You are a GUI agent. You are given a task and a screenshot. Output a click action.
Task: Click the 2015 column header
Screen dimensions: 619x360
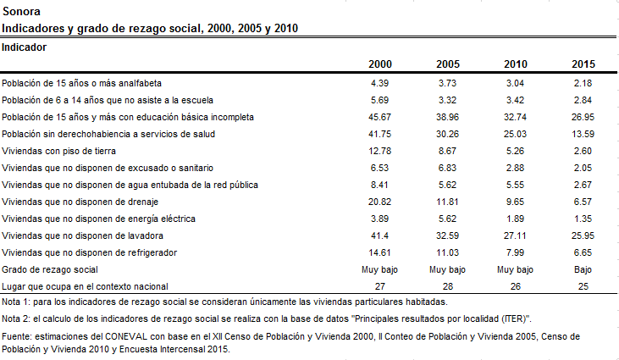point(583,64)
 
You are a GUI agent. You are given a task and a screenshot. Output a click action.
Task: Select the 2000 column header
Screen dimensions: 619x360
point(379,64)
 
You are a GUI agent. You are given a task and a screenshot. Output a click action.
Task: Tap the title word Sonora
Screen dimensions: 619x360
point(21,11)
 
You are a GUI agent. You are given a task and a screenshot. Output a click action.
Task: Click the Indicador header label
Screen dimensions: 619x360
point(24,47)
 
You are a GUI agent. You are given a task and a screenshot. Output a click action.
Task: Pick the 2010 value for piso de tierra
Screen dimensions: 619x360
point(515,151)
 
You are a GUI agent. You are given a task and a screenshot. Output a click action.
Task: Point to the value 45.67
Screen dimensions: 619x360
point(379,117)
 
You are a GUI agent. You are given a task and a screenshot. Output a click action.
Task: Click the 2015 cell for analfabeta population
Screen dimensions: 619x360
point(583,83)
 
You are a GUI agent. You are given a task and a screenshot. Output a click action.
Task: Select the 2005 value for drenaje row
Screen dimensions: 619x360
point(447,202)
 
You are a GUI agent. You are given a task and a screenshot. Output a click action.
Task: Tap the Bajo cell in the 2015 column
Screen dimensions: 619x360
point(583,270)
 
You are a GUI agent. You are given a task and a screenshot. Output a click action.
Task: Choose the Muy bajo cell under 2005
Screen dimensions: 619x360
point(447,270)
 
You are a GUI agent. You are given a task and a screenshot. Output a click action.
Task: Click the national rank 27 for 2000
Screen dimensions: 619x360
point(379,286)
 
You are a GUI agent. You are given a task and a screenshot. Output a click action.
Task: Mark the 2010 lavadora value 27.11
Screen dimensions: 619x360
point(515,236)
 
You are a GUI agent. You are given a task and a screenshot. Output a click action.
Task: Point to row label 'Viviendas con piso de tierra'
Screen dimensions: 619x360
point(58,151)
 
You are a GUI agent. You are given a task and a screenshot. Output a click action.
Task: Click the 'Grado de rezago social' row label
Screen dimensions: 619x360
point(50,270)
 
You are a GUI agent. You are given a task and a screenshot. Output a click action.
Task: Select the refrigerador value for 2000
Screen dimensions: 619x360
point(379,253)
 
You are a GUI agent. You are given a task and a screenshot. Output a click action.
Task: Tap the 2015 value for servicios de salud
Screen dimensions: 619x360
point(583,134)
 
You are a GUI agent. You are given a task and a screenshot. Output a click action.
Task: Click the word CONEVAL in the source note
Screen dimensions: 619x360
point(126,337)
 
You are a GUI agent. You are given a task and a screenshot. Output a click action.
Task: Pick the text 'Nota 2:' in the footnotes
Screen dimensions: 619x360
point(16,319)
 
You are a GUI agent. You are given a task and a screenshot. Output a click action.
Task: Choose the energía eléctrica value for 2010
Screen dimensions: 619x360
point(515,219)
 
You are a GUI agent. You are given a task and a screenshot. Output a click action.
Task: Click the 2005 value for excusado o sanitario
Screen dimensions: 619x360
point(447,169)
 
